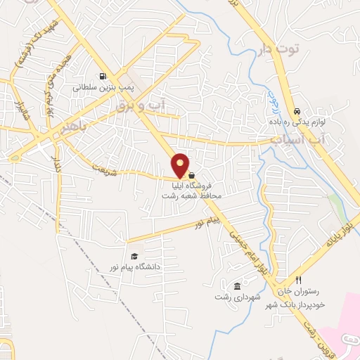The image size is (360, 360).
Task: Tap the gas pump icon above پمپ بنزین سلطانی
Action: coord(103,77)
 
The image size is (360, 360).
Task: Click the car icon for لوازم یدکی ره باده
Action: coord(297,112)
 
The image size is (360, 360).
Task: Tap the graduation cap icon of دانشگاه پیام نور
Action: coord(134,256)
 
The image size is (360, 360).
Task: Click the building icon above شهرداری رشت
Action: coord(237,286)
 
